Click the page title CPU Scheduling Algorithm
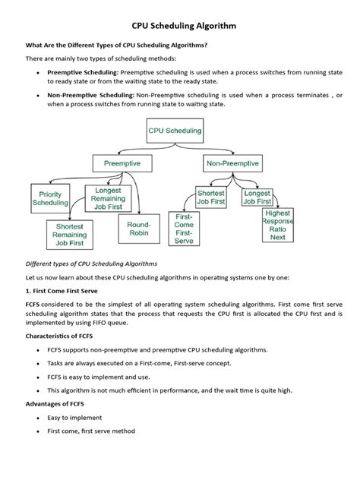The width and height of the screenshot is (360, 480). pyautogui.click(x=179, y=26)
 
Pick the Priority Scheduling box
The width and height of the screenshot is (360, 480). pyautogui.click(x=51, y=199)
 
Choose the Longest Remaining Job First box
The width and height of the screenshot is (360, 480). pyautogui.click(x=110, y=199)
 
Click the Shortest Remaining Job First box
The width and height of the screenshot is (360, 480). pyautogui.click(x=70, y=235)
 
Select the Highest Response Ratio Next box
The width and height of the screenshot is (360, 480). pyautogui.click(x=278, y=226)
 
